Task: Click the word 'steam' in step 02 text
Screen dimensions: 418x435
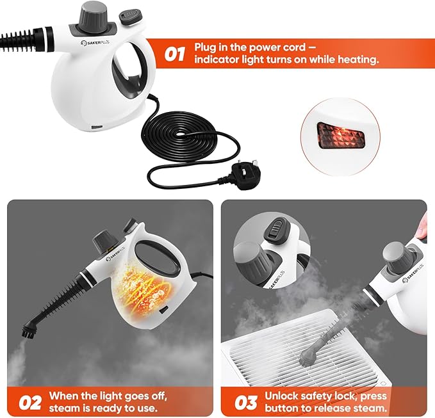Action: click(x=64, y=408)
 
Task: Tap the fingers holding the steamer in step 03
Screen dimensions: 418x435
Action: click(x=422, y=223)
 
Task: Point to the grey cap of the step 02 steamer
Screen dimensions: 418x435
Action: click(x=102, y=242)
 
